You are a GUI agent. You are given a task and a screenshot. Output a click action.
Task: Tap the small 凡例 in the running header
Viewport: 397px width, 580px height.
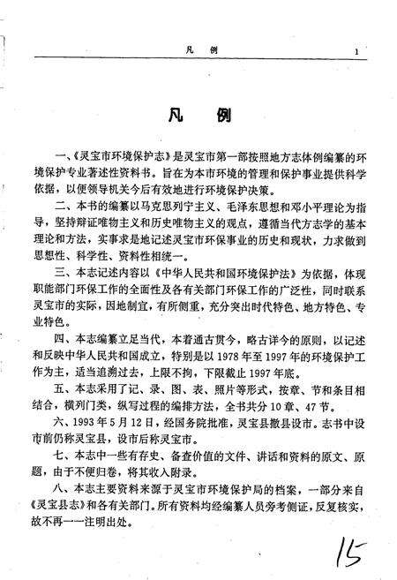pyautogui.click(x=196, y=52)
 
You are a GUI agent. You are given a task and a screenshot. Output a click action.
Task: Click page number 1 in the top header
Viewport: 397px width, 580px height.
pyautogui.click(x=356, y=52)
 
